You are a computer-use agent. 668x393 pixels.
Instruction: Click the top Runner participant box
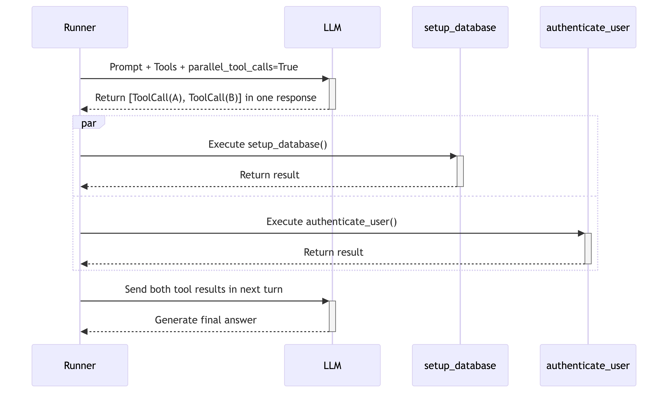coord(80,27)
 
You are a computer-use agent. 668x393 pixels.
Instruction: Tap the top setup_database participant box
coord(460,27)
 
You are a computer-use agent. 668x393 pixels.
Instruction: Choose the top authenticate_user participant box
coord(588,27)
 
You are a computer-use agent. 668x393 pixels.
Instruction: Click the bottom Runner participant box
coord(80,365)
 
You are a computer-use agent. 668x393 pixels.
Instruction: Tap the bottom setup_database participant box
coord(460,365)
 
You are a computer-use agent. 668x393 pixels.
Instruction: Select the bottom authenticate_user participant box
coord(588,365)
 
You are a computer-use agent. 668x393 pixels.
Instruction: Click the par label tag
coord(89,122)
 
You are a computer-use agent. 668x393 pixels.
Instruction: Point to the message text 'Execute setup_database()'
coord(268,144)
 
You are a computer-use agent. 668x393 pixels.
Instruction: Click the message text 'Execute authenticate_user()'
coord(332,222)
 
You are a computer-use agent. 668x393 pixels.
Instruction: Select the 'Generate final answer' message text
coord(206,320)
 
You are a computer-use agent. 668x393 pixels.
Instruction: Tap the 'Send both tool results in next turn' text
coord(204,289)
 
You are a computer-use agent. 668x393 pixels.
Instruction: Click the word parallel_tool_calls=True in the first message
coord(243,67)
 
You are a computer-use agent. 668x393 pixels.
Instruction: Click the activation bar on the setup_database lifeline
coord(460,171)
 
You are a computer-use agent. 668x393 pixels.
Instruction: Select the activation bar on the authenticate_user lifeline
coord(588,249)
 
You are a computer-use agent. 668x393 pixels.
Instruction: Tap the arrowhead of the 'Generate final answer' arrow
coord(84,331)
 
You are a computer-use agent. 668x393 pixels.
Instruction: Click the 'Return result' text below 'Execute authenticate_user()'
coord(333,252)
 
